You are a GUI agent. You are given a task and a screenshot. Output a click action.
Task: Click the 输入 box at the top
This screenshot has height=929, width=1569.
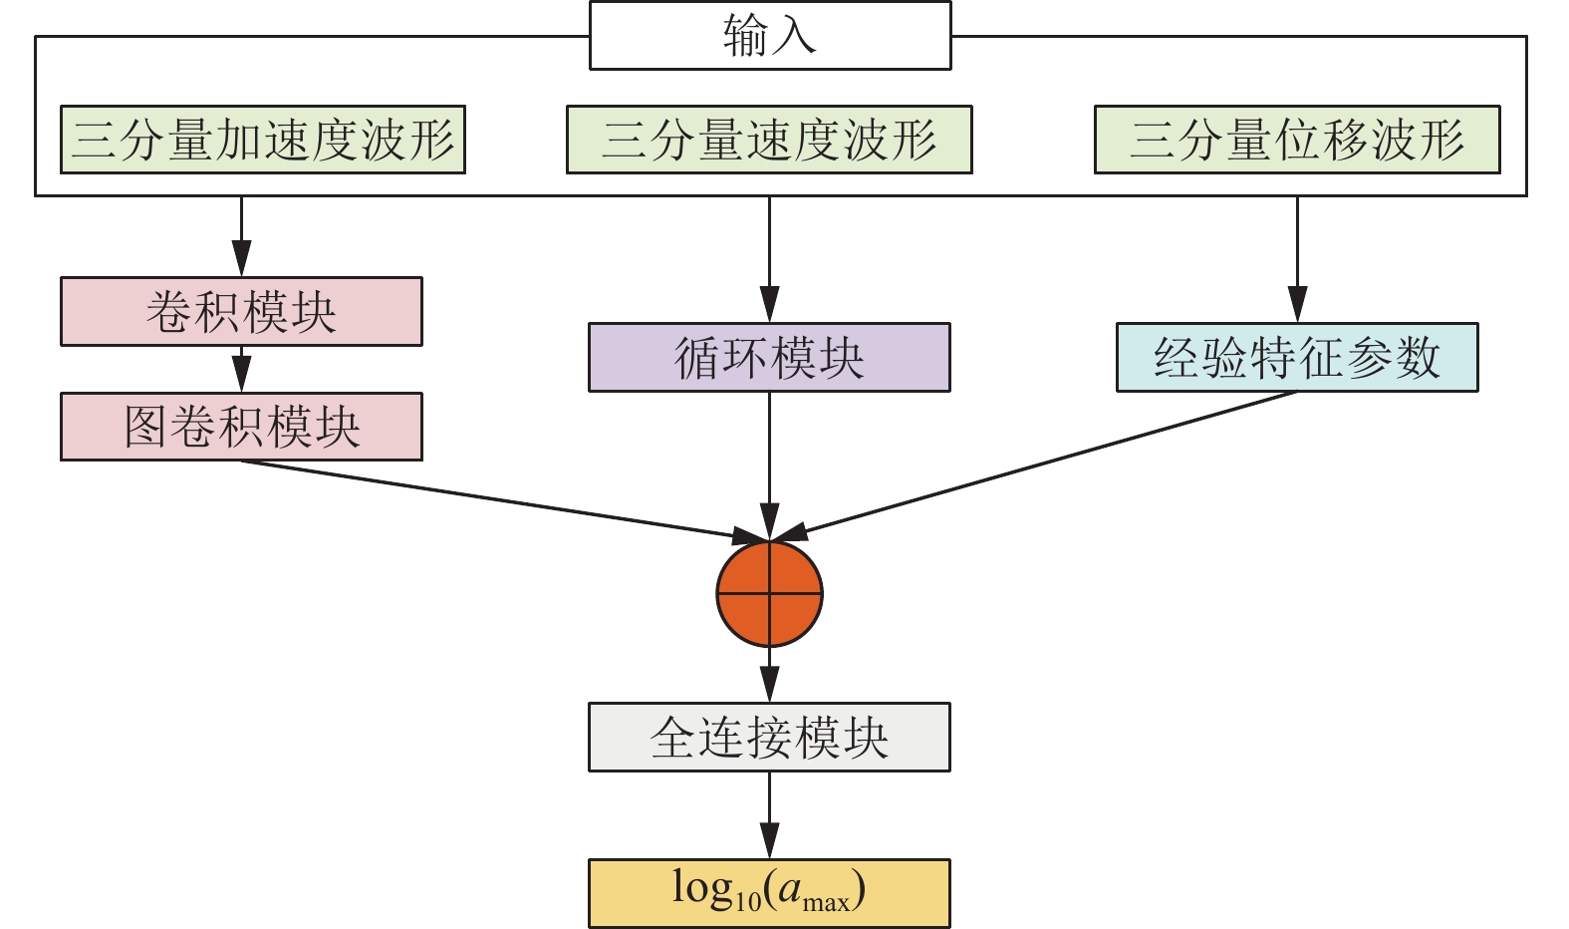tap(770, 36)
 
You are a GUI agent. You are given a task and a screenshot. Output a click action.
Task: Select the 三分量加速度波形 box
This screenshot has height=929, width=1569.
tap(263, 140)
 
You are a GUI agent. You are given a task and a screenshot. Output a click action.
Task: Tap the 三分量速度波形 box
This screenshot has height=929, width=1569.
tap(769, 140)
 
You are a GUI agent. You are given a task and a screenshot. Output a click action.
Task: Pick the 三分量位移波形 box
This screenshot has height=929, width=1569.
tap(1297, 140)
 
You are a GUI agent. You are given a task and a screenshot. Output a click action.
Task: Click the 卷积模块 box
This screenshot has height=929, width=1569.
tap(241, 312)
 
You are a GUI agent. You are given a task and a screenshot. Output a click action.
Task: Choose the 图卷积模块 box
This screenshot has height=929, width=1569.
tap(241, 427)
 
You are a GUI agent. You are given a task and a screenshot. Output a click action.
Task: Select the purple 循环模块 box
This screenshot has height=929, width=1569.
tap(769, 358)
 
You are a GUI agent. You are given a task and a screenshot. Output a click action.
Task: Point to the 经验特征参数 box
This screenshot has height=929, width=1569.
tap(1297, 358)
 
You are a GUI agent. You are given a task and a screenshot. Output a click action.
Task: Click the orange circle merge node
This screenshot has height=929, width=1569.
tap(770, 594)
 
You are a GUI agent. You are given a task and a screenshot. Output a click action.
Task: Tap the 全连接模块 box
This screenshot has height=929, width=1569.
tap(769, 738)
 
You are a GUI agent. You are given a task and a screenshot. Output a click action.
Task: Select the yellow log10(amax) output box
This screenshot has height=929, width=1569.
tap(769, 893)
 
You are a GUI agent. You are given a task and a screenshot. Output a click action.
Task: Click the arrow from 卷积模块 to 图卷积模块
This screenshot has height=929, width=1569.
tap(241, 370)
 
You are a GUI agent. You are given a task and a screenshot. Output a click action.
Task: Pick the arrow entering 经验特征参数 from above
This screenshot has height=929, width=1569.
tap(1297, 259)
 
